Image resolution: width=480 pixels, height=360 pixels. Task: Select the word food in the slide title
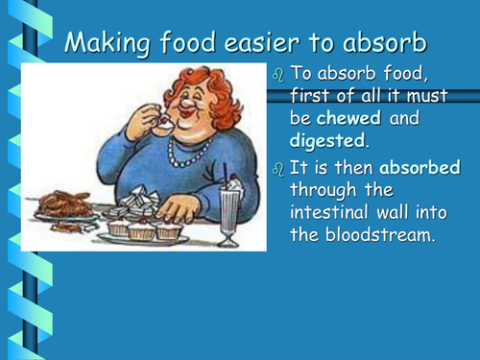click(x=189, y=43)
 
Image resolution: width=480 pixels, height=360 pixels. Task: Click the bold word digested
click(x=329, y=140)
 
